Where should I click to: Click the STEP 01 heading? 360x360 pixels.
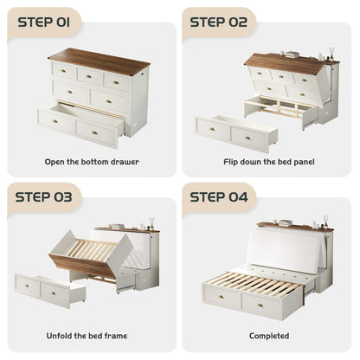44,22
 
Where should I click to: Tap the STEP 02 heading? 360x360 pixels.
219,22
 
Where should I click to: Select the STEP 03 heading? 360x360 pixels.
43,197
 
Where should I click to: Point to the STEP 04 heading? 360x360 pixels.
219,197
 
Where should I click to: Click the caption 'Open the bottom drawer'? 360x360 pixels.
92,162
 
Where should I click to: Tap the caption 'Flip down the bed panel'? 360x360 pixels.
269,162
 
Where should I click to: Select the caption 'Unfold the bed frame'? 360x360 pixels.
87,336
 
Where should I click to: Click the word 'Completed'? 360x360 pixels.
269,336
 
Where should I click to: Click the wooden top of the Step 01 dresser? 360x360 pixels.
99,61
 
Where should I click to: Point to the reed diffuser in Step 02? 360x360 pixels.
331,55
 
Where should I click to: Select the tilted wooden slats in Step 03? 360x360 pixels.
93,248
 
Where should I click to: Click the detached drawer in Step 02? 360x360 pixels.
236,133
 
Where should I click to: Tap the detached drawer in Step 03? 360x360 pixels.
50,290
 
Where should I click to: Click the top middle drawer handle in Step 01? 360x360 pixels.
88,77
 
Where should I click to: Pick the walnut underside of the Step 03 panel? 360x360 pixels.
83,266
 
